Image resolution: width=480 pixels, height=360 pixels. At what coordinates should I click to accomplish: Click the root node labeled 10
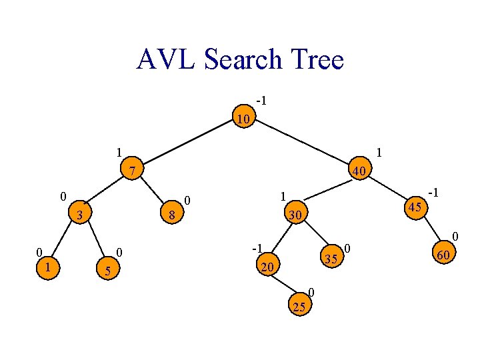(244, 119)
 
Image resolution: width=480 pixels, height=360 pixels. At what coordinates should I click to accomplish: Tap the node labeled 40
(359, 171)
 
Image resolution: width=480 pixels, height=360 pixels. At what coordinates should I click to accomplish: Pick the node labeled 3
(79, 215)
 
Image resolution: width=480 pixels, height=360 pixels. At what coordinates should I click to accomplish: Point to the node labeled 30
(295, 215)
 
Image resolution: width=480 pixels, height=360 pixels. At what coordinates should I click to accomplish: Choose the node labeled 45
(415, 207)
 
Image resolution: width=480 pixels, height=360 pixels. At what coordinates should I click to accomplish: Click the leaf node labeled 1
(47, 266)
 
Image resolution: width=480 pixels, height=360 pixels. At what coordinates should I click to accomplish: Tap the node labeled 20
(267, 267)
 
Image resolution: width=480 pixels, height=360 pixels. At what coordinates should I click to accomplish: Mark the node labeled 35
(329, 258)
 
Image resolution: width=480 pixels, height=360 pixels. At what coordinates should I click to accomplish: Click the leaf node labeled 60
(441, 254)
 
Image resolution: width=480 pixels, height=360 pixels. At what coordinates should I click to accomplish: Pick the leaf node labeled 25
(299, 306)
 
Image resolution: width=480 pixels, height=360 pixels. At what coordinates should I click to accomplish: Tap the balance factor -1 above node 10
(261, 101)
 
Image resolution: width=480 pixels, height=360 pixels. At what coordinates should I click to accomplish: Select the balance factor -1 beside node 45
(433, 193)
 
